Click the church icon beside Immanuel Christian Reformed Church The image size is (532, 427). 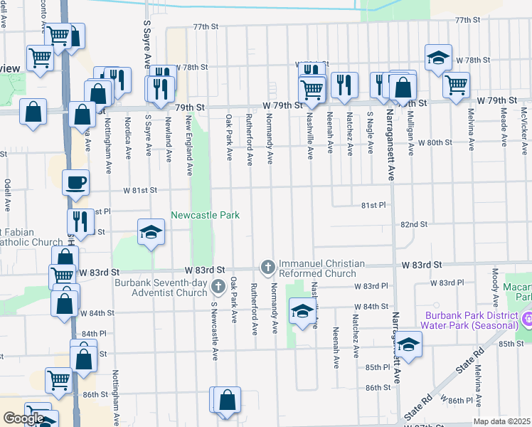pos(268,267)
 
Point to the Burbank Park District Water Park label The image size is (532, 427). pos(472,320)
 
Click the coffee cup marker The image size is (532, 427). pos(76,184)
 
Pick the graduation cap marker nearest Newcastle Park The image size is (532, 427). pos(151,232)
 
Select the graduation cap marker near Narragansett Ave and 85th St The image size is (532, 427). pos(408,345)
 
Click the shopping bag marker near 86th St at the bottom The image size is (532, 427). pos(228,400)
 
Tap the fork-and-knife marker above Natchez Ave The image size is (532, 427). pos(344,85)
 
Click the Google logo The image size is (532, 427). pos(23,418)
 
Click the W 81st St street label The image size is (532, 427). pos(139,191)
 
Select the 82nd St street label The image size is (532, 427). pos(413,223)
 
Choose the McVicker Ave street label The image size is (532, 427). pos(523,125)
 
